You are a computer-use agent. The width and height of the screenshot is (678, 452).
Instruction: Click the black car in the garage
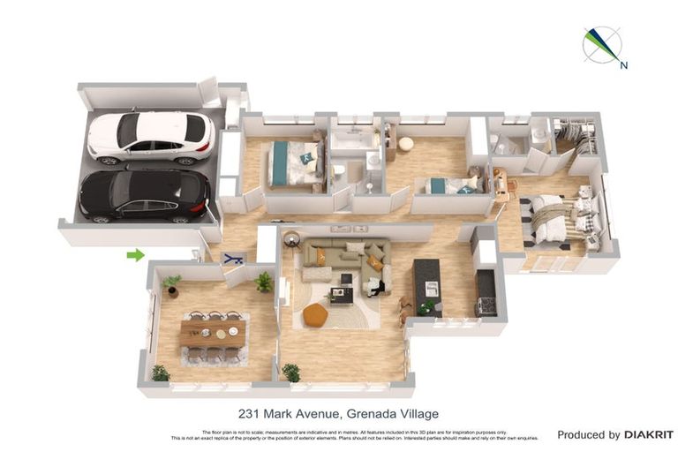[x=145, y=195]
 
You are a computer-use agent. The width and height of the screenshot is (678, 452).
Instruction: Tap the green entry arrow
[x=135, y=255]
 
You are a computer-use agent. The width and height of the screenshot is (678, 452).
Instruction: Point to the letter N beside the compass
[x=623, y=64]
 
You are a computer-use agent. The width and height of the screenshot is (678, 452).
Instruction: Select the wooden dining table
[x=213, y=332]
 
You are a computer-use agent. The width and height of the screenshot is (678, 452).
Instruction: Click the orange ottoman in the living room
[x=315, y=314]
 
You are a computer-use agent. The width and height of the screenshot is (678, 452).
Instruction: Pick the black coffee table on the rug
[x=342, y=293]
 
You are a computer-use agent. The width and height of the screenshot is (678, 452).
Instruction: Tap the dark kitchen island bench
[x=427, y=286]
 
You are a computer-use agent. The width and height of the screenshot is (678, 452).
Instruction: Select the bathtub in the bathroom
[x=353, y=139]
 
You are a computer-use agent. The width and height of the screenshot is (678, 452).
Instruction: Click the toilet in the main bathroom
[x=338, y=170]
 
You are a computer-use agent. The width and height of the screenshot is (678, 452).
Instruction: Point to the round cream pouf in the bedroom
[x=406, y=144]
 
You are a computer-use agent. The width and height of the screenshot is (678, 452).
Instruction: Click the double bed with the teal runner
[x=293, y=163]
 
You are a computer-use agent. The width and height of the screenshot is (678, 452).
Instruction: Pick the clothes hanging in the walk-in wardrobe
[x=576, y=135]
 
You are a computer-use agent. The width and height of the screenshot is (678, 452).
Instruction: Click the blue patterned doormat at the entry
[x=233, y=259]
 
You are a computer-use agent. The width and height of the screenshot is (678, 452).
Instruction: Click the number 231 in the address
[x=249, y=413]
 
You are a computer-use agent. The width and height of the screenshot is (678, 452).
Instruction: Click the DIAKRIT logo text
[x=649, y=434]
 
